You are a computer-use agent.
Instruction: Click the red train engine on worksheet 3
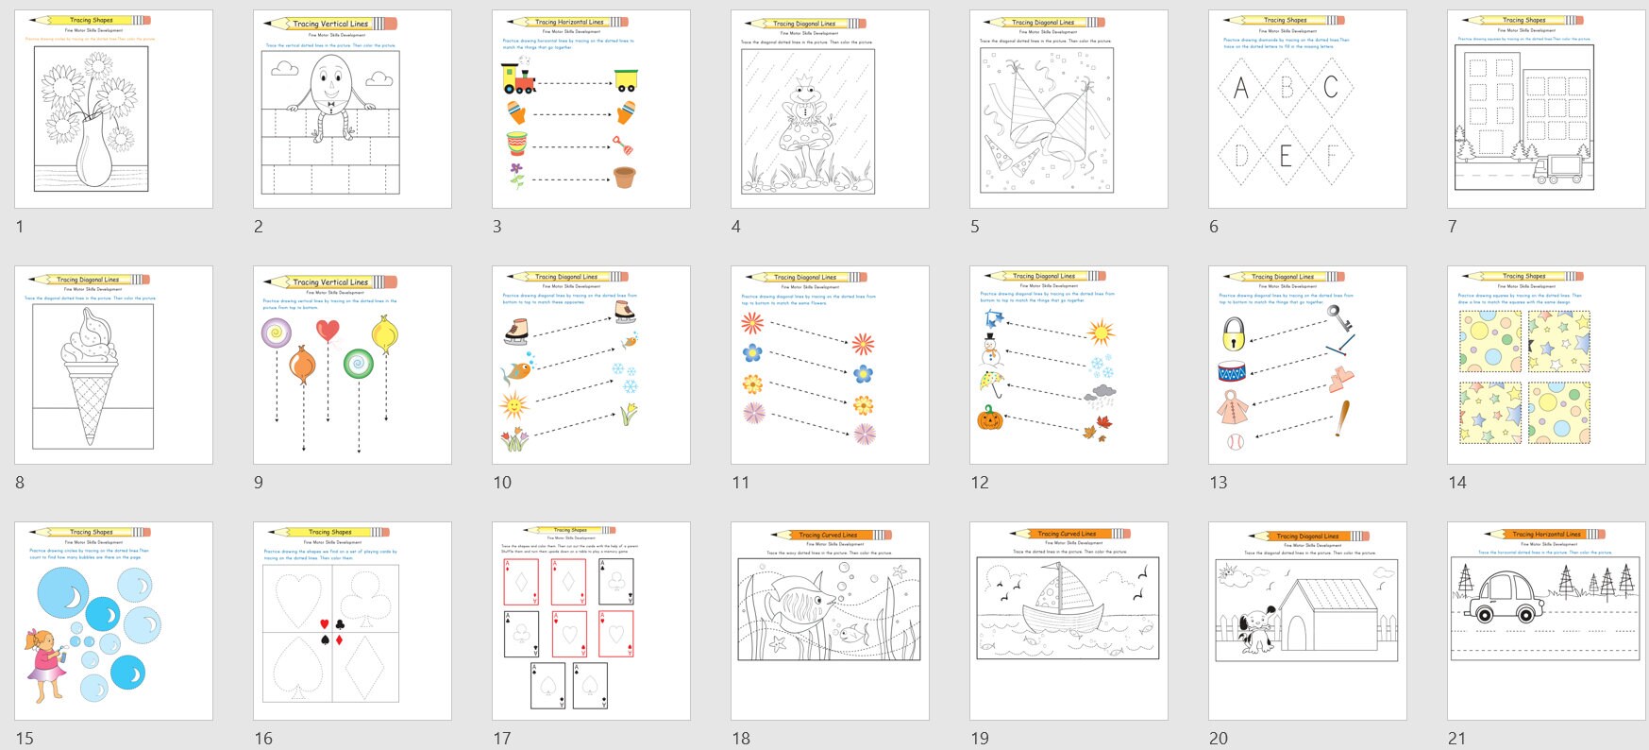(516, 80)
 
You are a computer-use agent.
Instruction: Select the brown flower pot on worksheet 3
(624, 177)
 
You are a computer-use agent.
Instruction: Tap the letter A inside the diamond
(1240, 89)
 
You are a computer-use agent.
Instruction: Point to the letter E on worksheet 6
(1285, 156)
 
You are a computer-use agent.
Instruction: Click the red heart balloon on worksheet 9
(328, 331)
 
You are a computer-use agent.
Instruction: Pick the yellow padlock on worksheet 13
(1234, 333)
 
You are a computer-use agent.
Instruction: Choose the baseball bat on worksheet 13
(1341, 418)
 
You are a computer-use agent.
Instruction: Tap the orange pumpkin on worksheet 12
(989, 418)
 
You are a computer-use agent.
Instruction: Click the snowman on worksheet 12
(989, 351)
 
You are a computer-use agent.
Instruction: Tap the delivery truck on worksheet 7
(1557, 168)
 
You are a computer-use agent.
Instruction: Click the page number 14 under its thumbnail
(1457, 483)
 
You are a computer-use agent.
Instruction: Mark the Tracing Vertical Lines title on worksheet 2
(329, 24)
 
